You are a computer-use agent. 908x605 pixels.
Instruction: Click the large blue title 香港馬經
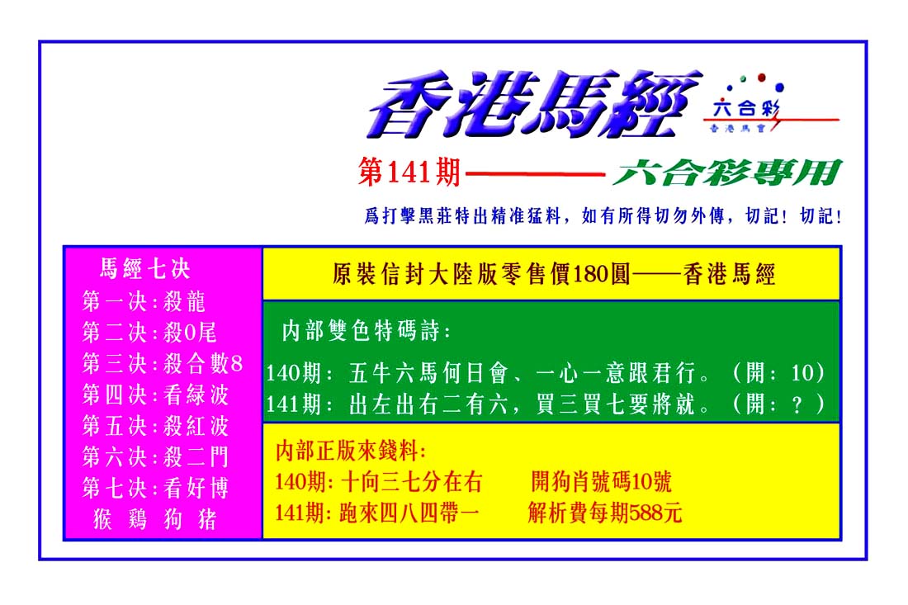pos(533,105)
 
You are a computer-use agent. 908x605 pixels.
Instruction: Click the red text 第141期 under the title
pos(409,173)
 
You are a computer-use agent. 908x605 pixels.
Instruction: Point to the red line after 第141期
pos(536,173)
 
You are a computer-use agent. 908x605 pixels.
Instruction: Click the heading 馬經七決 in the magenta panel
pos(144,268)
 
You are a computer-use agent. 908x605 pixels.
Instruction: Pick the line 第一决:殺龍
pos(144,301)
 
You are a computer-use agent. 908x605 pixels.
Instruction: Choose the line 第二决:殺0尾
pos(149,333)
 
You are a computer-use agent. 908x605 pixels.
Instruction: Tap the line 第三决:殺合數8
pos(162,364)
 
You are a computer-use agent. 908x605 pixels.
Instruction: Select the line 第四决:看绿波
pos(155,395)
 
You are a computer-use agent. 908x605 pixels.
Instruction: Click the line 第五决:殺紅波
pos(155,426)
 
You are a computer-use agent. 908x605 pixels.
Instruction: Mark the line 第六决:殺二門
pos(155,457)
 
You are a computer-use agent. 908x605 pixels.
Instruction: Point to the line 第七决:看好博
pos(155,489)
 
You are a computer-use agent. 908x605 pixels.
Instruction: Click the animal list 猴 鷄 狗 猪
pos(154,519)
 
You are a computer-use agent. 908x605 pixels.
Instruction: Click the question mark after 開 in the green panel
pos(797,404)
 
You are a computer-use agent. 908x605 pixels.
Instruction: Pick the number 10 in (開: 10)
pos(802,373)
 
